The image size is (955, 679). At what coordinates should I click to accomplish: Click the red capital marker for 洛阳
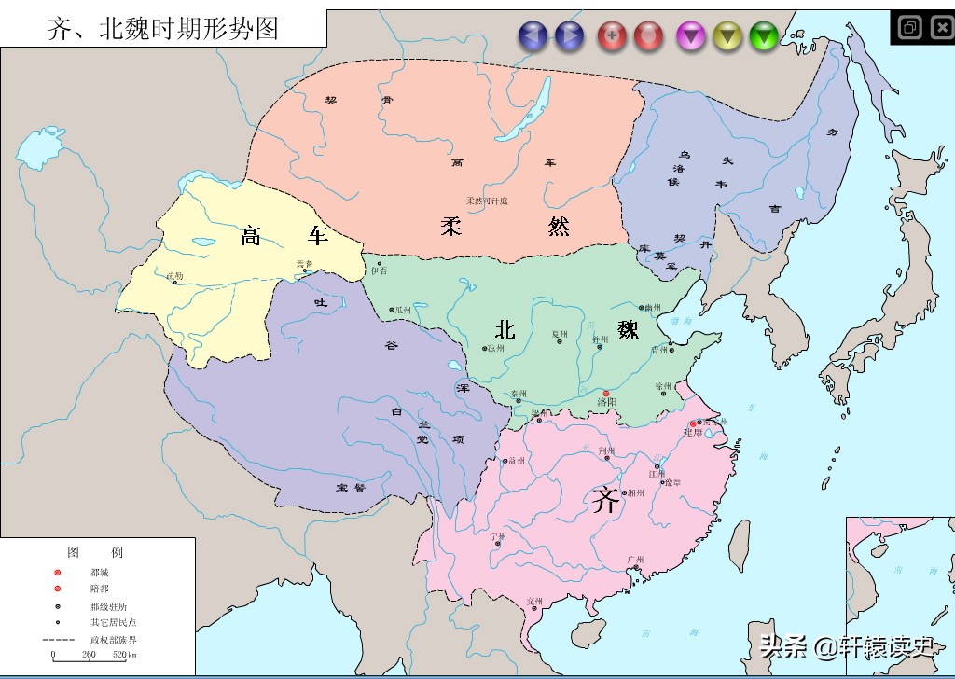click(605, 394)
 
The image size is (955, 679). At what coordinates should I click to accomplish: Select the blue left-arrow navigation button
click(533, 36)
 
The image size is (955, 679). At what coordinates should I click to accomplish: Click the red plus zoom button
click(612, 36)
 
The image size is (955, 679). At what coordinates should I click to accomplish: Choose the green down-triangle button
click(764, 36)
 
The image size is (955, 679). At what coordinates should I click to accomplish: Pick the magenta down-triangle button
click(691, 36)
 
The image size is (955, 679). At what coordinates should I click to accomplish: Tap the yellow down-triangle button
click(727, 36)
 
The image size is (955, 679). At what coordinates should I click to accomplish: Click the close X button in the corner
click(941, 27)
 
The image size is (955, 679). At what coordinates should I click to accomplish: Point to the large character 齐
click(605, 502)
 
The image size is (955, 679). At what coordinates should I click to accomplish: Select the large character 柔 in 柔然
click(451, 225)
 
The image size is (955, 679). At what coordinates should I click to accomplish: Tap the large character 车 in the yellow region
click(319, 236)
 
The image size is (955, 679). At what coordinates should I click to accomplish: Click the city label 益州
click(517, 460)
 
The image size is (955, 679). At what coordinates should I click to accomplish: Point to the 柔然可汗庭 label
click(488, 201)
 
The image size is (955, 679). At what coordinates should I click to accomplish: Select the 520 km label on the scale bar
click(123, 655)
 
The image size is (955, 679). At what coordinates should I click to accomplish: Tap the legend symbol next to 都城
click(58, 572)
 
